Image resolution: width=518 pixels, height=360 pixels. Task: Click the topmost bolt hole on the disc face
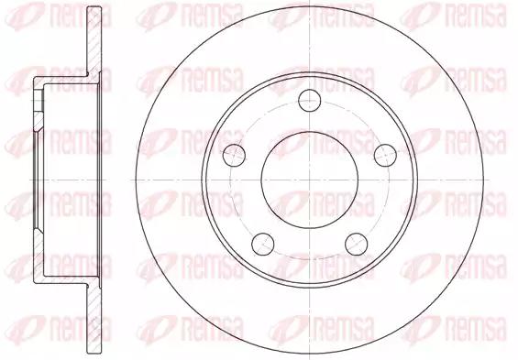point(310,100)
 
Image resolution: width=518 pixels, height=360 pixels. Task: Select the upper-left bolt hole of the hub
point(234,155)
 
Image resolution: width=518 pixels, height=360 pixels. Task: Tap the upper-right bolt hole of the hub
point(385,155)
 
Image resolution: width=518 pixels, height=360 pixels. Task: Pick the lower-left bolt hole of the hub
point(263,244)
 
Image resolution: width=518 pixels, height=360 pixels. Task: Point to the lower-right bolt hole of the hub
point(357,244)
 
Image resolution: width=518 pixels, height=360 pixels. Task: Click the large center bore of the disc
point(310,180)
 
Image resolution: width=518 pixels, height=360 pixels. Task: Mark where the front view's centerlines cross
point(310,180)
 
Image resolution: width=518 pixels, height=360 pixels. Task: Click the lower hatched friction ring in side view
point(94,319)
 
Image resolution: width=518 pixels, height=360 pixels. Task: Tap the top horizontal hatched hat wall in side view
point(66,81)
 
